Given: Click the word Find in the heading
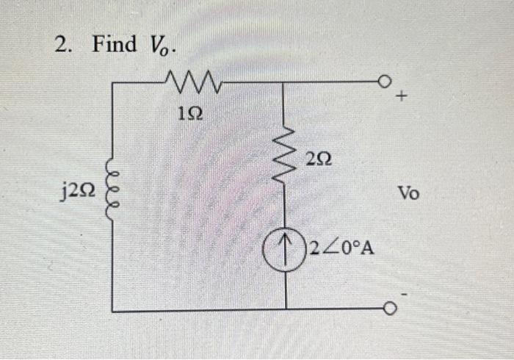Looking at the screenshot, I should (x=115, y=44).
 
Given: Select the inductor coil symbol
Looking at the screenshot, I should (x=112, y=195).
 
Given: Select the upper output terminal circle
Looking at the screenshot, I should (x=385, y=82).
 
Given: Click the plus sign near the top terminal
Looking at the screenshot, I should (x=402, y=96).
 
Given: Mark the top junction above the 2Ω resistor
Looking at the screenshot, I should (x=285, y=83).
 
